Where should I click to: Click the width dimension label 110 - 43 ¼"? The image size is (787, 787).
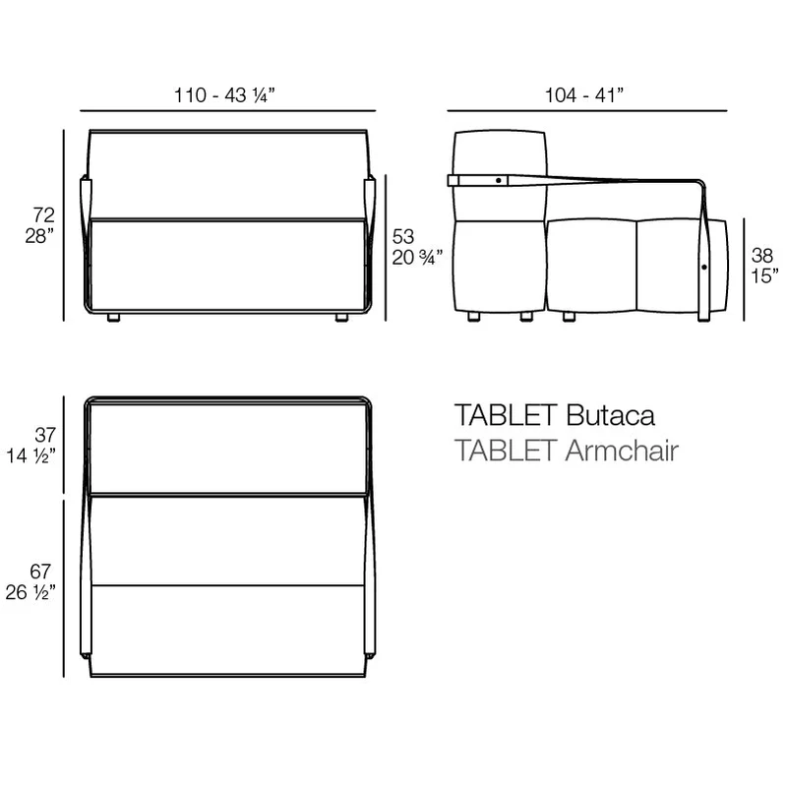[x=224, y=94]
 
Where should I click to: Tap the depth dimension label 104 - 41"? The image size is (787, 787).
[x=584, y=94]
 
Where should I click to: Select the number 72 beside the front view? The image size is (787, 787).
[x=43, y=214]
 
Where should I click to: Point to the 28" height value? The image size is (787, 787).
[x=39, y=236]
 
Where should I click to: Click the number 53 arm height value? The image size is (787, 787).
[x=403, y=236]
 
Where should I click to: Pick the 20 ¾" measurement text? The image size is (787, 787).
[x=417, y=258]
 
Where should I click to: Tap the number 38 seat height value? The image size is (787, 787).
[x=761, y=256]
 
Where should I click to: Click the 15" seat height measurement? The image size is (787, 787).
[x=764, y=276]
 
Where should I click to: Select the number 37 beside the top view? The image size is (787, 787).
[x=45, y=435]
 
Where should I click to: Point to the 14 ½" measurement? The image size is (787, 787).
[x=30, y=455]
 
